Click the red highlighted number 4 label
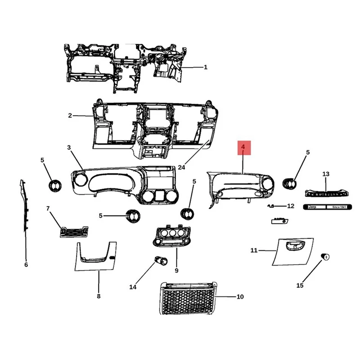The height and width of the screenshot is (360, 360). (x=243, y=147)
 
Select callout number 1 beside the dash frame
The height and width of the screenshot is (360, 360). (x=206, y=67)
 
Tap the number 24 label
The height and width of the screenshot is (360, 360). (x=182, y=167)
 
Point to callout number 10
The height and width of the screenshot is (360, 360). (x=240, y=297)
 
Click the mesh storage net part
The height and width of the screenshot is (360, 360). (x=187, y=299)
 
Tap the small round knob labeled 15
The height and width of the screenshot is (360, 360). (x=324, y=257)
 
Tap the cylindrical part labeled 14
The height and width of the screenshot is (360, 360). (x=160, y=261)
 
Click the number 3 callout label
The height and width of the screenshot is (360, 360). (x=69, y=148)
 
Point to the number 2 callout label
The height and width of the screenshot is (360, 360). (x=70, y=116)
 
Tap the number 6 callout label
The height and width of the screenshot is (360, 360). (x=26, y=265)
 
